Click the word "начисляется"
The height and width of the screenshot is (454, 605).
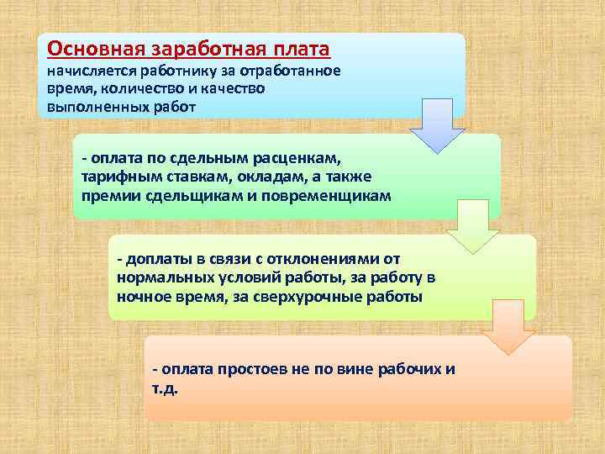pyautogui.click(x=90, y=71)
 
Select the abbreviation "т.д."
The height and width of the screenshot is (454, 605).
pyautogui.click(x=165, y=389)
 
